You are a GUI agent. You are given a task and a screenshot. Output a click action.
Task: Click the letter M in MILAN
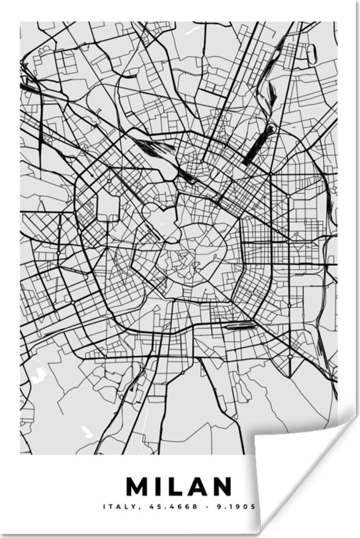(139, 487)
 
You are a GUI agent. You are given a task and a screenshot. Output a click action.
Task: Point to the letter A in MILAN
(199, 487)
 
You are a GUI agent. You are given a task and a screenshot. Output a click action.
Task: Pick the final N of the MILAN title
(222, 487)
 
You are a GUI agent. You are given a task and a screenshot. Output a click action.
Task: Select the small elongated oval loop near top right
(311, 54)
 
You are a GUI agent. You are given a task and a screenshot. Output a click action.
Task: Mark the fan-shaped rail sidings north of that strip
(272, 95)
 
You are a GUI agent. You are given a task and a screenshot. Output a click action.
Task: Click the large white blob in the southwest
(38, 375)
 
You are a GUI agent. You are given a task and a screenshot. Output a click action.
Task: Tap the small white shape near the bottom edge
(87, 431)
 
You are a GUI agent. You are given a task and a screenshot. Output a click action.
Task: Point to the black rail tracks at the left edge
(29, 87)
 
